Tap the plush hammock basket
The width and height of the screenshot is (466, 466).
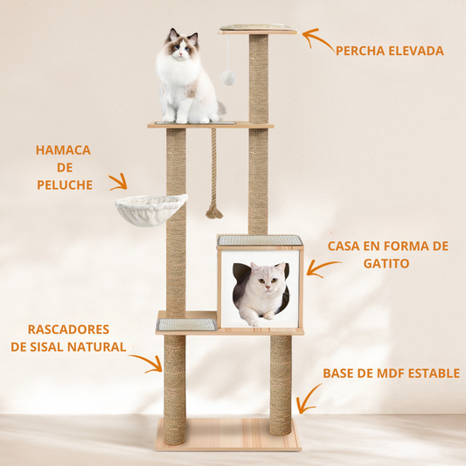[x=150, y=208]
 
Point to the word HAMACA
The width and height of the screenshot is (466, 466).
[x=63, y=150]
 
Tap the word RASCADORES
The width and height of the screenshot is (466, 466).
[x=68, y=330]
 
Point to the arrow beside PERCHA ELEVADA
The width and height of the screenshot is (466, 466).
[x=316, y=40]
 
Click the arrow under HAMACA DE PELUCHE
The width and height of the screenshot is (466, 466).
[x=118, y=182]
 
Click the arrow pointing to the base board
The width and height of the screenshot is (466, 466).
[x=306, y=399]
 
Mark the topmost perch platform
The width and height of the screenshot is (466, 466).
[x=258, y=31]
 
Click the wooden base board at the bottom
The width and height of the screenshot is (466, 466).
[x=227, y=434]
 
